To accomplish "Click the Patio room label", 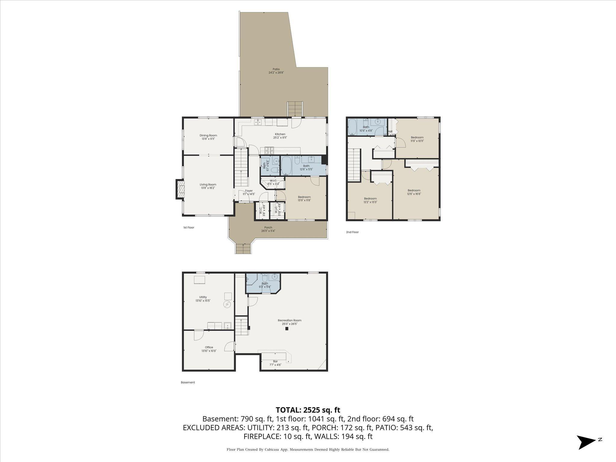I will point(276,71).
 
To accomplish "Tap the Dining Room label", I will point(208,137).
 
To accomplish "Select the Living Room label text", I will point(208,186).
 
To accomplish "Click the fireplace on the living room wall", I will point(180,189).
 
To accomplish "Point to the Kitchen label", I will point(280,136).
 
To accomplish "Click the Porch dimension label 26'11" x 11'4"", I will point(268,231).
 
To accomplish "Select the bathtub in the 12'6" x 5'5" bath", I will point(286,166).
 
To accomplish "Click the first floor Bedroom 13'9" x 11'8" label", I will point(304,199).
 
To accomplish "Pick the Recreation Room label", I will point(289,322).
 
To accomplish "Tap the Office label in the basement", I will point(209,349).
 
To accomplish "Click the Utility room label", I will point(203,299).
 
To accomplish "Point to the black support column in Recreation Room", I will point(287,329).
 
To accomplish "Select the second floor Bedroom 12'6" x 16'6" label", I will point(414,192).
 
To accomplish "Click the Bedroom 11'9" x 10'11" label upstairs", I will point(417,139).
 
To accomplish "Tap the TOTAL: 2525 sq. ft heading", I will point(308,410).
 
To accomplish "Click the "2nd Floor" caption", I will point(352,232).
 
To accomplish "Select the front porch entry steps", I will point(243,249).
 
